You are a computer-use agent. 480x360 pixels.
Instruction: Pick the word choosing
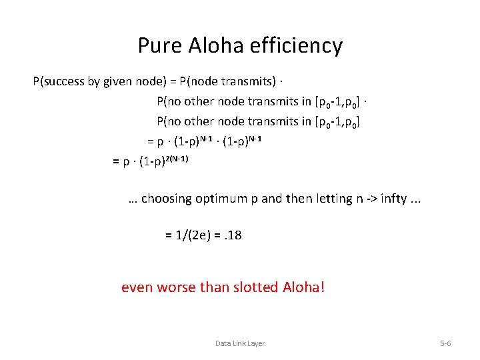pyautogui.click(x=167, y=199)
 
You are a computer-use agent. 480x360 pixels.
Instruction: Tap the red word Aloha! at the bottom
pyautogui.click(x=303, y=288)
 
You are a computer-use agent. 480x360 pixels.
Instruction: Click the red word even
pyautogui.click(x=135, y=288)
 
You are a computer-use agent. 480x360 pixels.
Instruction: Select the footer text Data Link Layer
pyautogui.click(x=239, y=343)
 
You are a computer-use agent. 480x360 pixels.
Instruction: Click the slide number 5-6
pyautogui.click(x=445, y=343)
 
